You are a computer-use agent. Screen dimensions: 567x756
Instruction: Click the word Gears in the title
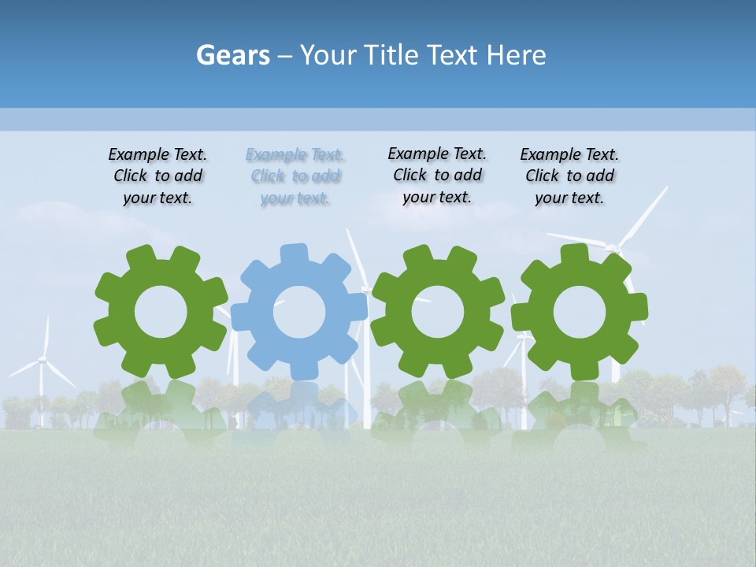click(x=232, y=55)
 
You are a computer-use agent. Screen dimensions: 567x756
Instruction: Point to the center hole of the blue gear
click(x=299, y=312)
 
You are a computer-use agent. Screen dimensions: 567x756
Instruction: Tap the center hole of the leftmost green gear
click(x=161, y=312)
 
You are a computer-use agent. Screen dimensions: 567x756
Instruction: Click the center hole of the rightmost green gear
click(x=579, y=313)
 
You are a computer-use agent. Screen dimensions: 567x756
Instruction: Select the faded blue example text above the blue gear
click(x=295, y=176)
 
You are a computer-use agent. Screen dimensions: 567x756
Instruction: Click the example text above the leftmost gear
click(x=157, y=176)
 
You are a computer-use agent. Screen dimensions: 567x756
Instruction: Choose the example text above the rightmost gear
click(x=569, y=176)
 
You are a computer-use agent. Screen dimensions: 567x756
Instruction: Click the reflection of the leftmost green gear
click(x=160, y=409)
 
